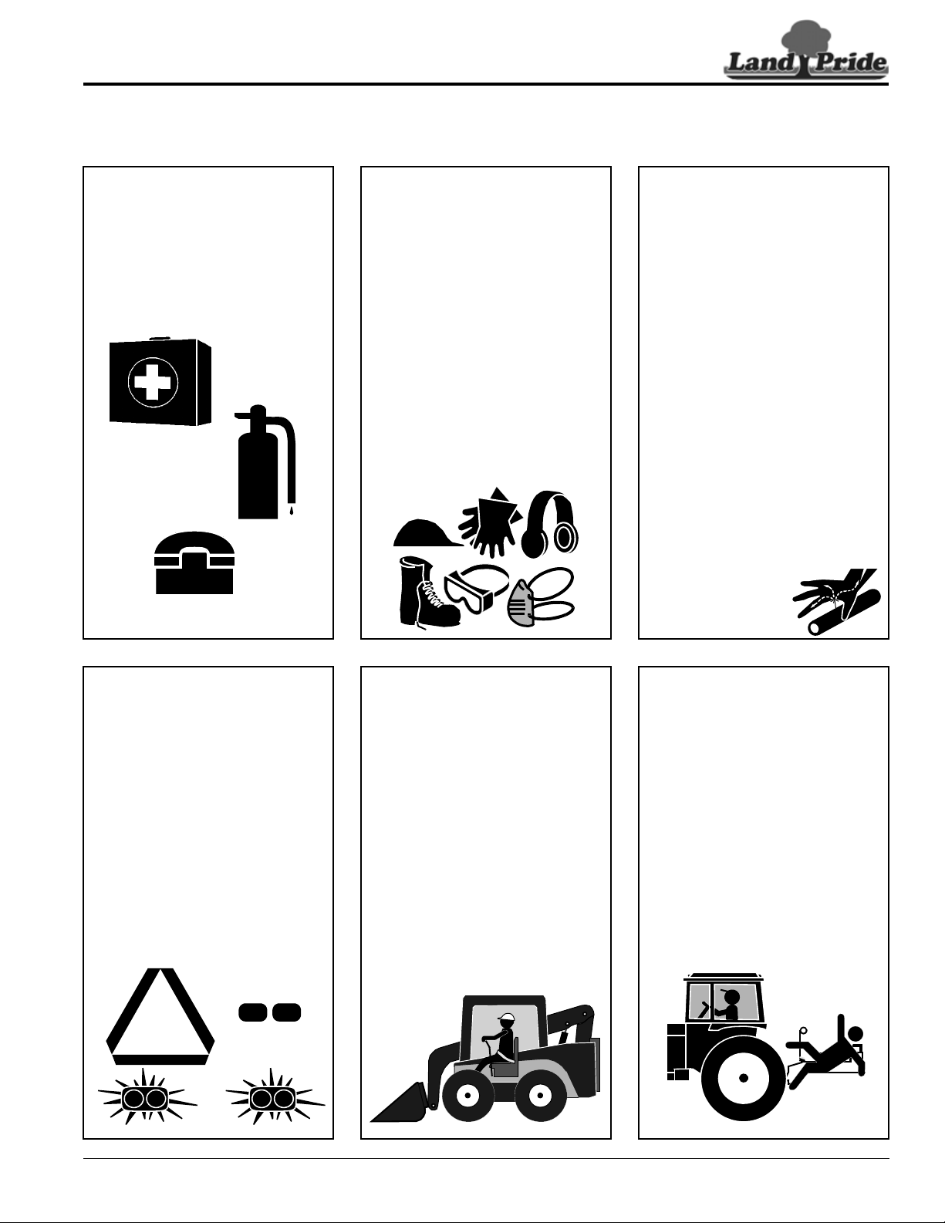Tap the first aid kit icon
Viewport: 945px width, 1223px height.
click(x=160, y=381)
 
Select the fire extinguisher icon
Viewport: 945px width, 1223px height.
click(x=265, y=461)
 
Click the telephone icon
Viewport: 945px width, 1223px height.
click(x=194, y=563)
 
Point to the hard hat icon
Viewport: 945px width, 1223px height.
click(x=427, y=532)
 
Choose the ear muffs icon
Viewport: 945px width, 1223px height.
click(x=549, y=525)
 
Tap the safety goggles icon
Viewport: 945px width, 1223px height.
click(x=476, y=588)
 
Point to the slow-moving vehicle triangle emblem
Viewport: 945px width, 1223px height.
click(x=160, y=1016)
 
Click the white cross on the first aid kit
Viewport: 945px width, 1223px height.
click(x=153, y=382)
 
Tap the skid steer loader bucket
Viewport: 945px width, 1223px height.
click(x=400, y=1103)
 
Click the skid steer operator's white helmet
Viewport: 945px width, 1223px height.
click(x=506, y=1018)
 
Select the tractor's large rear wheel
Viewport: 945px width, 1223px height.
click(x=744, y=1079)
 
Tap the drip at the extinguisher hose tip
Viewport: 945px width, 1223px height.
click(x=292, y=511)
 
